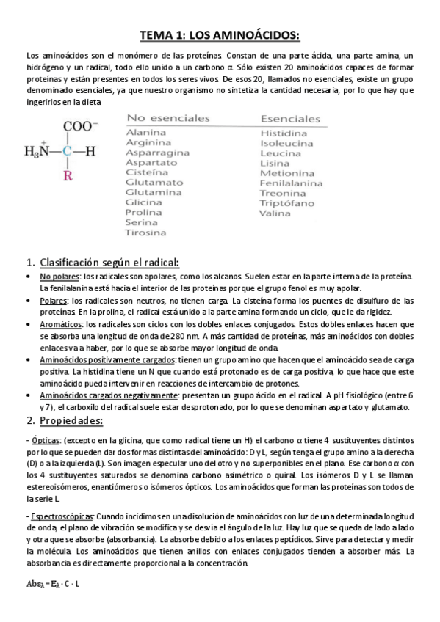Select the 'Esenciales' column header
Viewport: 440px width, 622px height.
(290, 119)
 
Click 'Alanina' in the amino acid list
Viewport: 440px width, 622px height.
(146, 132)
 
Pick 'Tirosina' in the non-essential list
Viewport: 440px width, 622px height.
(145, 233)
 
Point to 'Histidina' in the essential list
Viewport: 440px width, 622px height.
(284, 133)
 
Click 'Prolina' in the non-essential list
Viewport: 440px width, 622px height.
(143, 212)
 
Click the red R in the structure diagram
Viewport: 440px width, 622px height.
(68, 176)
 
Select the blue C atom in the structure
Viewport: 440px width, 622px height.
(68, 152)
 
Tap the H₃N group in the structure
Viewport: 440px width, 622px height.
(38, 152)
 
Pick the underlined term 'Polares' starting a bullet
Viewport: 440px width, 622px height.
(53, 301)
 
